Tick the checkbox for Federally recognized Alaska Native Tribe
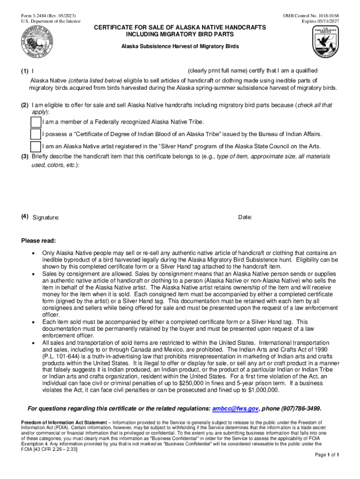36,122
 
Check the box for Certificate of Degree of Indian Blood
36,134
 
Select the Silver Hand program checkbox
36,146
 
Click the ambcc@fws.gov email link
235,408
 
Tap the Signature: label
46,218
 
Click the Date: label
245,217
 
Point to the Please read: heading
39,241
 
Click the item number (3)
24,157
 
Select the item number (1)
24,71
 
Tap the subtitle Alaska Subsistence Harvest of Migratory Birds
180,46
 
